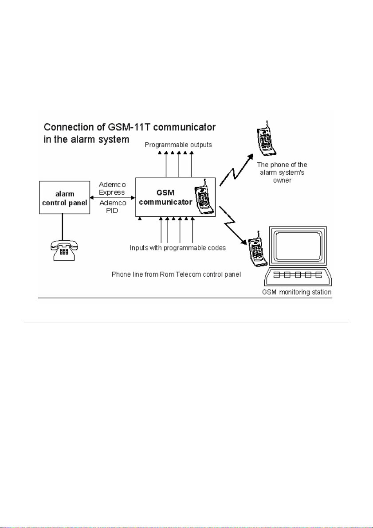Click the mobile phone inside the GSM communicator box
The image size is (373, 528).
coord(204,199)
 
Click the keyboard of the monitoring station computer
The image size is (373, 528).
coord(297,275)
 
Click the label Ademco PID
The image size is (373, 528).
coord(113,207)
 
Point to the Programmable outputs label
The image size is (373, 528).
coord(178,145)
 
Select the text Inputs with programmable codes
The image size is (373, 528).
coord(178,248)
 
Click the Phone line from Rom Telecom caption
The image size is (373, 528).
coord(176,274)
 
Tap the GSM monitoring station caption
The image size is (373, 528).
coord(297,292)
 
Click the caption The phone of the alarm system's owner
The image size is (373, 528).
coord(282,172)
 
